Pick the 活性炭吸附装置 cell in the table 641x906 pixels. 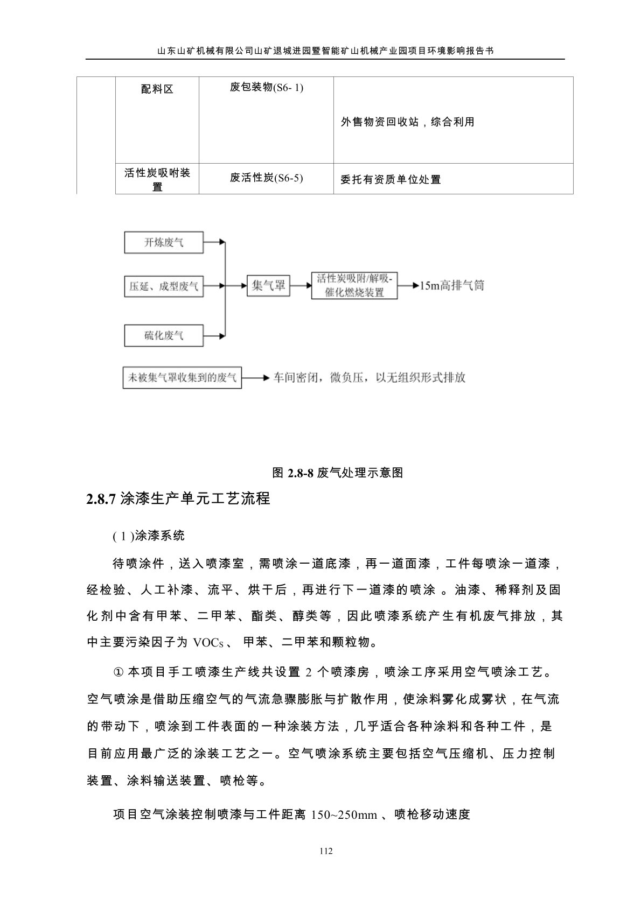(157, 179)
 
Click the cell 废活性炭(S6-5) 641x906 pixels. (266, 178)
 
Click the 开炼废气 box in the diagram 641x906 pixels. (164, 243)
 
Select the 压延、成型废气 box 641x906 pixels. (164, 286)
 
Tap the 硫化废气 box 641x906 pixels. (164, 335)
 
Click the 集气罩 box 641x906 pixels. (268, 286)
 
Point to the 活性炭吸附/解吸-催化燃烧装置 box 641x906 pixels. (354, 286)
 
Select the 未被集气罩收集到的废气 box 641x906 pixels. (182, 378)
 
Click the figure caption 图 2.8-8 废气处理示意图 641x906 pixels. (337, 473)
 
